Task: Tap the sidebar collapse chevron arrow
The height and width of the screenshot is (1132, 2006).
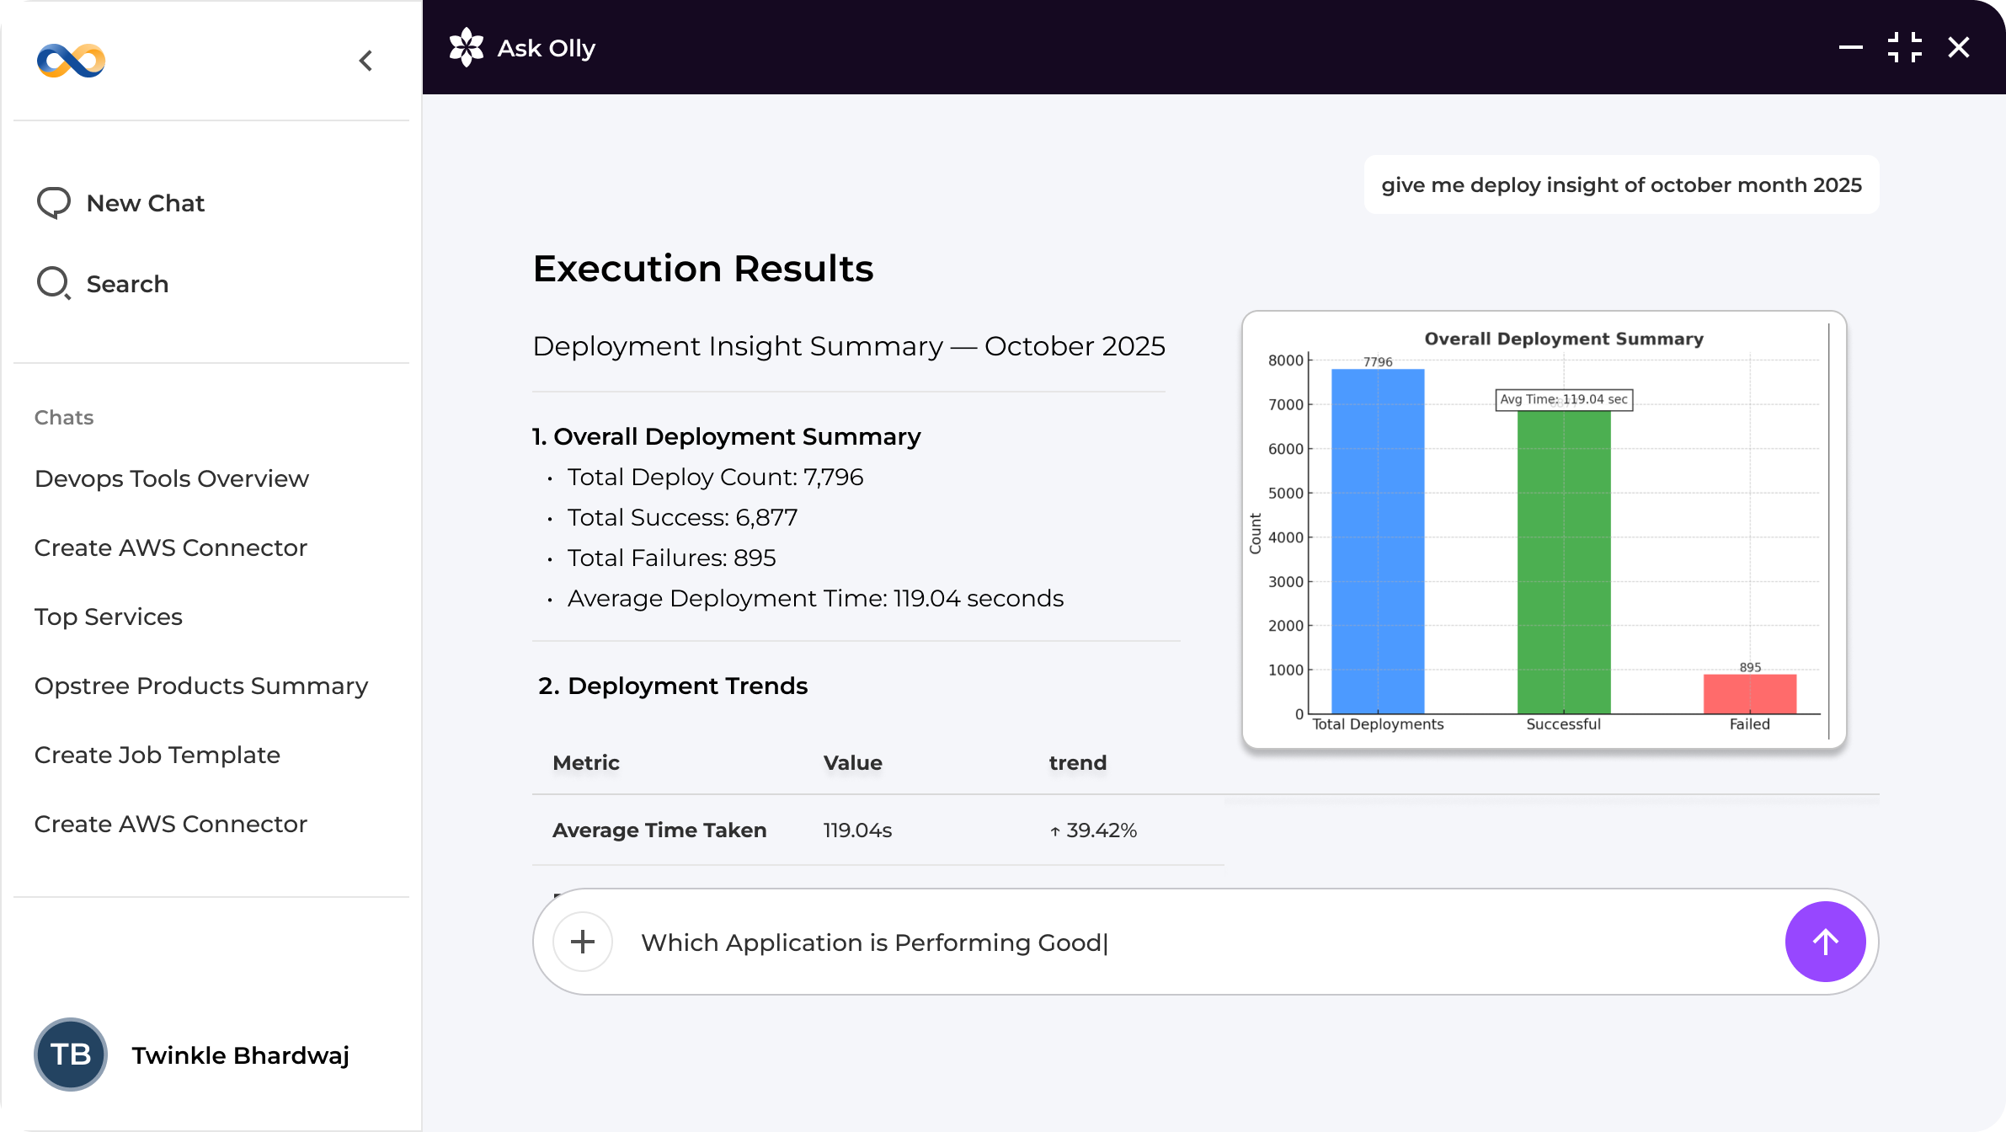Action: tap(365, 61)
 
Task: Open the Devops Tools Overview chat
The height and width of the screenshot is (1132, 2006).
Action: tap(172, 478)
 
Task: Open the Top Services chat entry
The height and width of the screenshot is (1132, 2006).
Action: tap(109, 617)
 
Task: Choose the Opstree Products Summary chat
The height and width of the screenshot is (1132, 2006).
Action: tap(201, 686)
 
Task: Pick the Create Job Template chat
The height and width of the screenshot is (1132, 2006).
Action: tap(157, 755)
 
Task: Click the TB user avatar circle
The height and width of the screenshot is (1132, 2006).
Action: tap(71, 1055)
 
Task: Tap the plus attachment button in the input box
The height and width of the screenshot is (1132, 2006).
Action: tap(583, 942)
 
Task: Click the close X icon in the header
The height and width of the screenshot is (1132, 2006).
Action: tap(1959, 48)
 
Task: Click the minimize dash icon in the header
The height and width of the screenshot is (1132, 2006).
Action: tap(1851, 48)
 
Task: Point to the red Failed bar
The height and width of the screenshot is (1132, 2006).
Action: tap(1750, 694)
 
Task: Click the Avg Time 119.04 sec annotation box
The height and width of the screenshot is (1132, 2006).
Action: tap(1564, 399)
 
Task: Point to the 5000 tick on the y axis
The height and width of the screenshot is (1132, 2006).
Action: tap(1286, 493)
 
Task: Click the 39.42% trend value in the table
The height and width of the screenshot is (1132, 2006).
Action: tap(1094, 830)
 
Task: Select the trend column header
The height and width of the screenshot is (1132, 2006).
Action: tap(1078, 763)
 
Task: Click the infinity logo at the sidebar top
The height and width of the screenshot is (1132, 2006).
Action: tap(72, 61)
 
